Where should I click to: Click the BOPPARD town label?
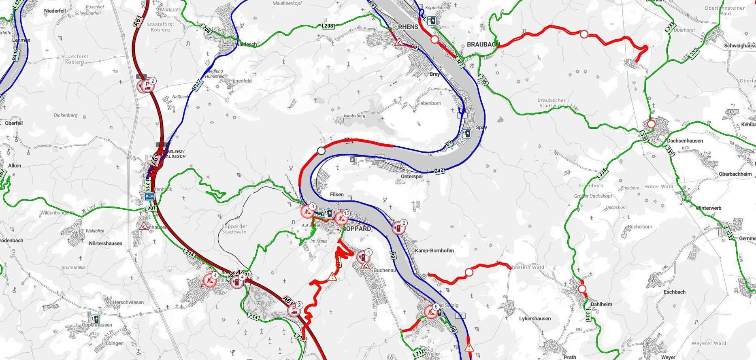[x=357, y=229]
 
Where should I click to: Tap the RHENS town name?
[x=408, y=27]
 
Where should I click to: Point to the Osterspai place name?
[x=411, y=177]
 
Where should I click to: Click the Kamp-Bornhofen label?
[x=434, y=251]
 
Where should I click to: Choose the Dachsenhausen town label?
[x=685, y=141]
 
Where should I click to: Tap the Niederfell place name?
[x=55, y=11]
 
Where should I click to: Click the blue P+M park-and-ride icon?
[x=149, y=196]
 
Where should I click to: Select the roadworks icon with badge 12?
[x=341, y=218]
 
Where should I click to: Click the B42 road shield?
[x=439, y=171]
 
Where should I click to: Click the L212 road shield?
[x=419, y=353]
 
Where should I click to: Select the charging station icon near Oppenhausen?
[x=95, y=319]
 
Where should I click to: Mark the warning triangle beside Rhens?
[x=399, y=41]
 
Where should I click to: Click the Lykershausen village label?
[x=535, y=319]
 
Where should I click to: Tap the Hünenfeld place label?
[x=240, y=81]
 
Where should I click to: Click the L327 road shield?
[x=459, y=61]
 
